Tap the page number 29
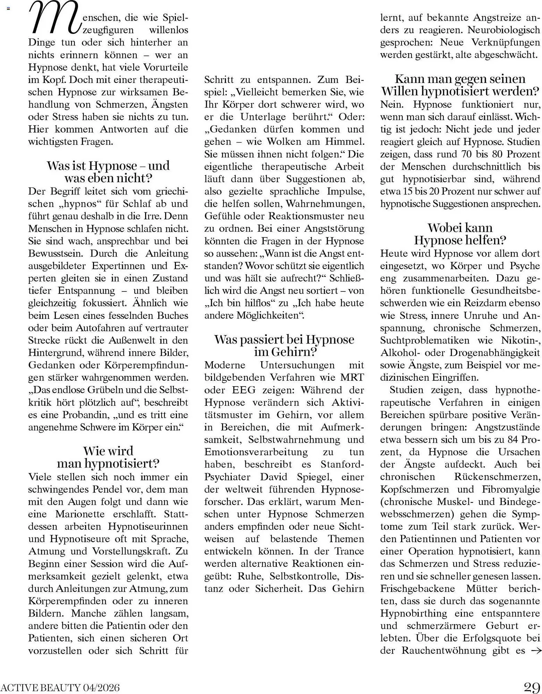(532, 687)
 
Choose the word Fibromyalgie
(511, 489)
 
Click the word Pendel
(107, 489)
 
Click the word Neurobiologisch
(504, 30)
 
